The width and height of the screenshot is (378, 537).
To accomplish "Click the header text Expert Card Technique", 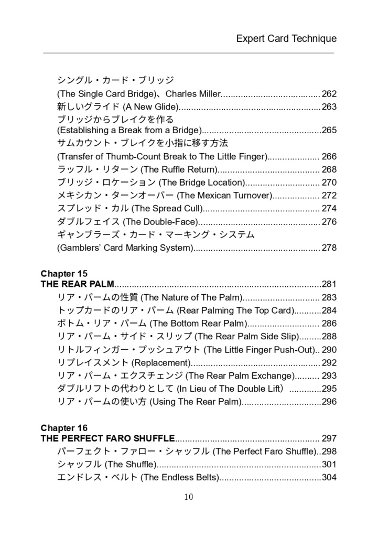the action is [x=286, y=38].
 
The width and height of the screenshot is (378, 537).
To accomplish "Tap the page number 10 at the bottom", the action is [x=189, y=497].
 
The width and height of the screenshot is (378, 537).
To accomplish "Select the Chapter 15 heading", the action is [x=64, y=274].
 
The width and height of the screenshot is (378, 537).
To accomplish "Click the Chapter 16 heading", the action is [x=64, y=428].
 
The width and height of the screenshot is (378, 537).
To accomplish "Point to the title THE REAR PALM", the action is [x=77, y=284].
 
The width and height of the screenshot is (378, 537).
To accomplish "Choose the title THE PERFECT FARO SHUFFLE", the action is [x=107, y=438].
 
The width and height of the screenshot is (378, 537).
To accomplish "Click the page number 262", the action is [x=329, y=94].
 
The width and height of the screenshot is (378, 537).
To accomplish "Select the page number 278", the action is [x=329, y=248].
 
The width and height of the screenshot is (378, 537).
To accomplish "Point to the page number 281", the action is [x=329, y=284].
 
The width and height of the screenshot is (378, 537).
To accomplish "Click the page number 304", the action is [x=329, y=477].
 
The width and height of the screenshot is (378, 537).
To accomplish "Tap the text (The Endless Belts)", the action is [x=179, y=477].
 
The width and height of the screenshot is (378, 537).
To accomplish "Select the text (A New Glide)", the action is [x=150, y=107].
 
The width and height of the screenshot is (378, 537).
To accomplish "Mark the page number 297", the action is [x=329, y=438].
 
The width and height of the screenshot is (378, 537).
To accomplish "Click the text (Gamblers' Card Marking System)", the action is [x=125, y=248].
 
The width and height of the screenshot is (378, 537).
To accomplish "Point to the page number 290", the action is [x=329, y=350].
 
